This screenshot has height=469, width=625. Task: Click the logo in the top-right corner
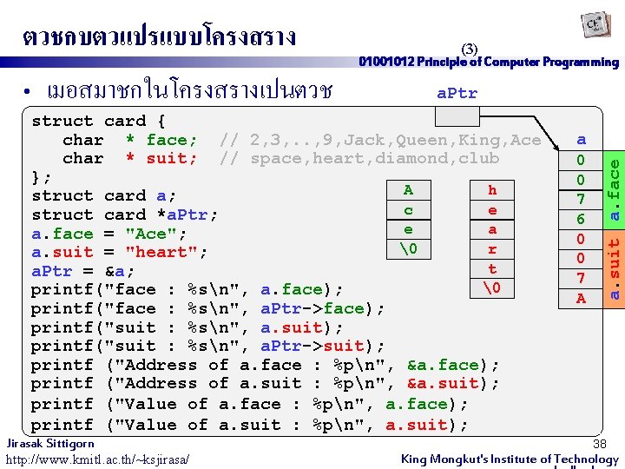pos(594,27)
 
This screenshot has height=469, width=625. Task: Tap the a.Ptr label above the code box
pos(457,93)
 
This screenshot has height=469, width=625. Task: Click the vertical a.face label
pos(615,182)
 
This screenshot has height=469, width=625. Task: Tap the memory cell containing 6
pos(582,219)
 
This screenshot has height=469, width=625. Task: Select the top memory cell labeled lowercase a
pos(582,139)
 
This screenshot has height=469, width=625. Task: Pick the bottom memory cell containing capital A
pos(582,298)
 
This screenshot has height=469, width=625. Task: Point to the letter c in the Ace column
pos(408,210)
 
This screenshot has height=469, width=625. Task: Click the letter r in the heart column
pos(492,249)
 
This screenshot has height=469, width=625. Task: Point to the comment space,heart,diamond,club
pos(359,158)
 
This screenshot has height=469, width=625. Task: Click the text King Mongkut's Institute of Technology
pos(510,459)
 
